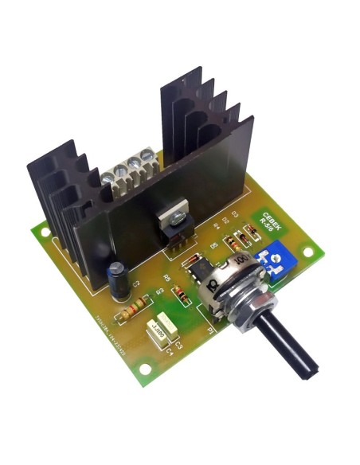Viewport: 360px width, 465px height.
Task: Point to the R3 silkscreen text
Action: point(159,292)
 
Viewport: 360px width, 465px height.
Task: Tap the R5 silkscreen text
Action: point(166,278)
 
